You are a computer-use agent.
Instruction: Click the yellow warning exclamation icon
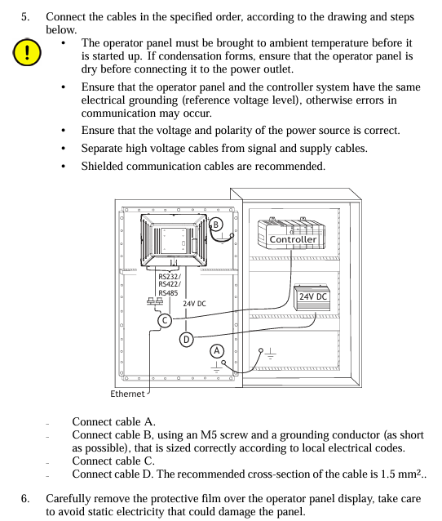[27, 52]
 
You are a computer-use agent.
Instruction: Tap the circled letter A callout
[217, 351]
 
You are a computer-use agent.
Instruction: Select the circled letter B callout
[215, 225]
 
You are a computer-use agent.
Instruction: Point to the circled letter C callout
[165, 320]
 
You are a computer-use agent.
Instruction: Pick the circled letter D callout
[187, 340]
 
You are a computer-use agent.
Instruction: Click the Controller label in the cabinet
[293, 239]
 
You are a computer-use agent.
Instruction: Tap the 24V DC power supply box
[312, 297]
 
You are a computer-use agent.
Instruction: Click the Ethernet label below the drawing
[127, 394]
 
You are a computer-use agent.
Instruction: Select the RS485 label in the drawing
[168, 292]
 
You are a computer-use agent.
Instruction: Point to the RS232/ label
[170, 277]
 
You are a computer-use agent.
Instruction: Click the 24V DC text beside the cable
[194, 304]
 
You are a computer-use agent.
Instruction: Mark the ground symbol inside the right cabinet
[271, 354]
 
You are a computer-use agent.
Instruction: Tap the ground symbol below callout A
[216, 367]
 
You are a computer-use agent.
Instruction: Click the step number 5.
[25, 16]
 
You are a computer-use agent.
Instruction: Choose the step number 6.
[25, 498]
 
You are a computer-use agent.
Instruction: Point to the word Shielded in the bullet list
[102, 166]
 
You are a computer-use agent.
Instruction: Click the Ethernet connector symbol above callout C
[155, 301]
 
